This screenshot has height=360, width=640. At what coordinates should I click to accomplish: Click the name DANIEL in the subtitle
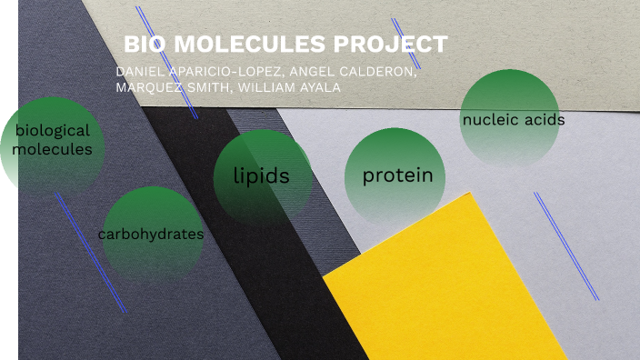(x=142, y=72)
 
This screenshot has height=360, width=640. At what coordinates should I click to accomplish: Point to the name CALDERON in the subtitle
(x=379, y=72)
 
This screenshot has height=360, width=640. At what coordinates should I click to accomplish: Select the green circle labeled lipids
(x=262, y=177)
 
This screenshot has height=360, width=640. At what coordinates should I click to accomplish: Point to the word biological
(x=53, y=131)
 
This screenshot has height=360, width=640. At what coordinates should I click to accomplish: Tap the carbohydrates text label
(x=151, y=234)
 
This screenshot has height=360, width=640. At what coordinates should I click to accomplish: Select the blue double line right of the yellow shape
(x=565, y=245)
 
